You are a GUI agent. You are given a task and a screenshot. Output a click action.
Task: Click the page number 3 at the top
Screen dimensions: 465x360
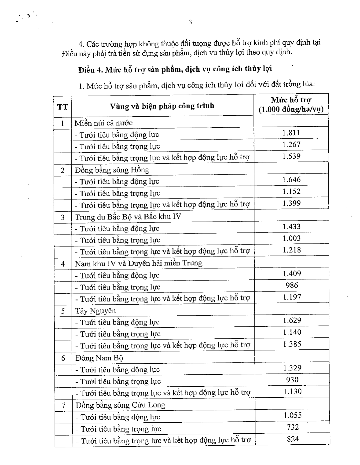coord(190,22)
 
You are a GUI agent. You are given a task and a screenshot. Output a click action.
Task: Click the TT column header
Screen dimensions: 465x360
coord(63,107)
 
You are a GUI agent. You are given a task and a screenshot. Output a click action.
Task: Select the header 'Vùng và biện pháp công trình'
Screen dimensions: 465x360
coord(162,106)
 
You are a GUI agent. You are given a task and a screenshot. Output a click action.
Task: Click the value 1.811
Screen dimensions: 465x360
coord(291,133)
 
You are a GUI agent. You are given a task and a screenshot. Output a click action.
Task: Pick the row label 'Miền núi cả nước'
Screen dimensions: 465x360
coord(104,123)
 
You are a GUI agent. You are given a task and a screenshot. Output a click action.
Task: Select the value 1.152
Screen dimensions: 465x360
coord(291,192)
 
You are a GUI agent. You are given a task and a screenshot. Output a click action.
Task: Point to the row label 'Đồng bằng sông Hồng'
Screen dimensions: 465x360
coord(112,170)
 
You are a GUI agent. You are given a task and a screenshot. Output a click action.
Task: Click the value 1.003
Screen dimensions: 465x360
coord(291,238)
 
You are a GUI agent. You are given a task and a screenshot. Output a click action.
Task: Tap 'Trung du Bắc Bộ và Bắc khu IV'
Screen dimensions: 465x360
coord(128,217)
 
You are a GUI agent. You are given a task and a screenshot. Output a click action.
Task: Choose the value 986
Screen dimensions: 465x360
coord(292,285)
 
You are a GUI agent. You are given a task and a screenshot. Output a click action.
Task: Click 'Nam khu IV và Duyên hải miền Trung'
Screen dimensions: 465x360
coord(139,263)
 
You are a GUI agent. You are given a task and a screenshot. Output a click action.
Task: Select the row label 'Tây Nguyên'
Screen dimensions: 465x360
coord(96,311)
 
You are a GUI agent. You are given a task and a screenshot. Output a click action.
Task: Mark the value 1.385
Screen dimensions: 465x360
coord(292,344)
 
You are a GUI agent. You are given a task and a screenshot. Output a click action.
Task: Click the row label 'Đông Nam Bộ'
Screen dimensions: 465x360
coord(99,358)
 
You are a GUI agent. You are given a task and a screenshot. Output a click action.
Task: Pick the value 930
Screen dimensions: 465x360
coord(292,380)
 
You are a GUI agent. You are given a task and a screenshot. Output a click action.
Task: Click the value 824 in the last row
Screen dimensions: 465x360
coord(293,439)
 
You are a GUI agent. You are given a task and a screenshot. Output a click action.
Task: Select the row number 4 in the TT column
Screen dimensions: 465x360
coord(63,264)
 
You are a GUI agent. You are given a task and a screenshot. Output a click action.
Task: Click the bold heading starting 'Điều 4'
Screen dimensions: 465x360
coord(175,69)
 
